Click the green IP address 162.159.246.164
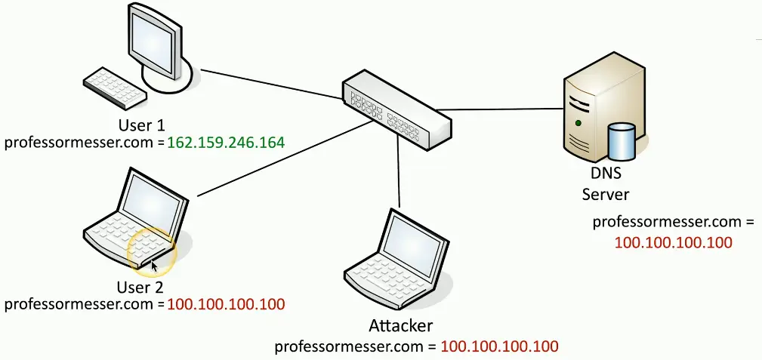[x=226, y=142]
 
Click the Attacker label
[x=401, y=327]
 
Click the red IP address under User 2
[x=226, y=305]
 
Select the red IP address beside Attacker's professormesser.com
[x=499, y=347]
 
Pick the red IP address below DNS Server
[x=674, y=243]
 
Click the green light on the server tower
[x=578, y=122]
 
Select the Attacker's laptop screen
[x=409, y=242]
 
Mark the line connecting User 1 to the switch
[x=271, y=85]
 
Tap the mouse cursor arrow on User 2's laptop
[x=155, y=265]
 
